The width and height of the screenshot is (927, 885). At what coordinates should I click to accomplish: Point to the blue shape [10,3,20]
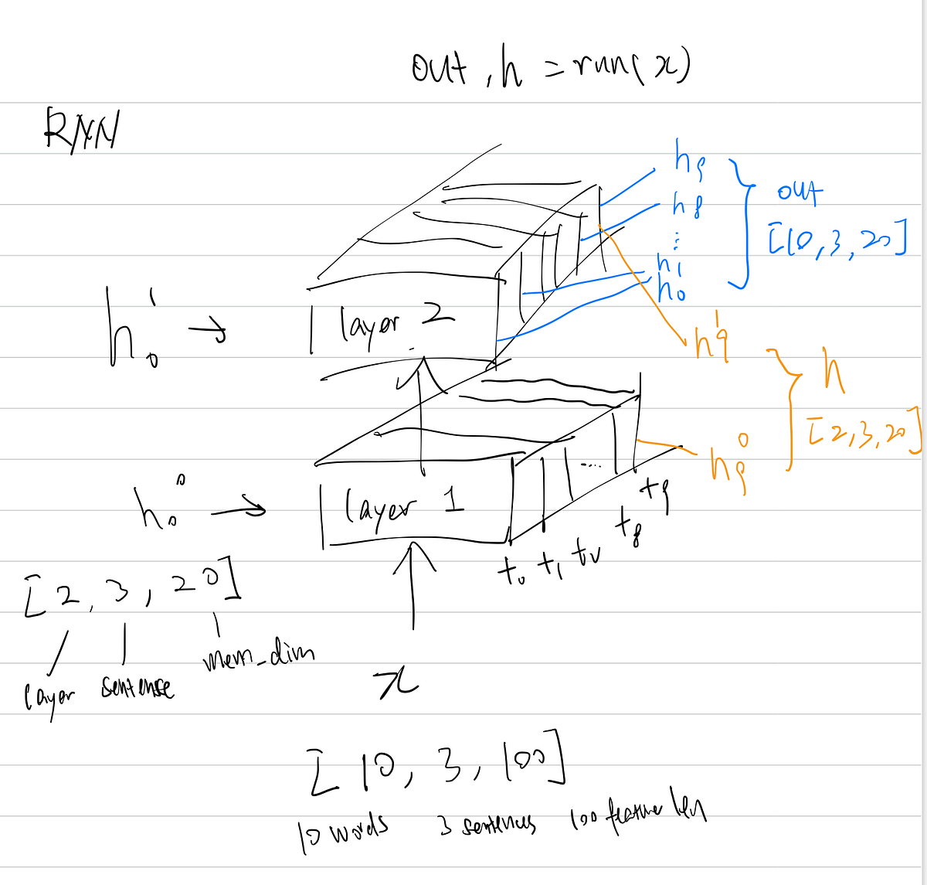[x=835, y=241]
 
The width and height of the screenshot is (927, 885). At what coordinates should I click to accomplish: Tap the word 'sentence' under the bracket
[x=137, y=687]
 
